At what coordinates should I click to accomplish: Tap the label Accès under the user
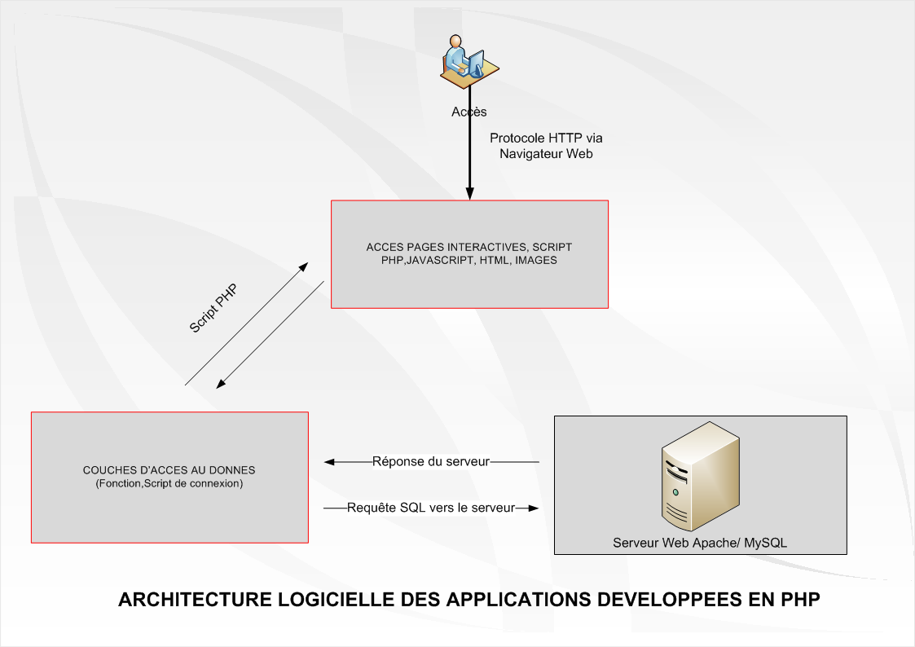click(x=468, y=112)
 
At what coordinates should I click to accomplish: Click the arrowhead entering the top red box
click(x=469, y=194)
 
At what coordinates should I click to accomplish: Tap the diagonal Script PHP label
click(x=213, y=308)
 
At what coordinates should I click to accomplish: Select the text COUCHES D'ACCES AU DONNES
click(x=169, y=470)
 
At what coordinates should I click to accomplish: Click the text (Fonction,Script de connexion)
click(x=169, y=483)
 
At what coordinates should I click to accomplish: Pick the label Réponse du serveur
click(x=431, y=462)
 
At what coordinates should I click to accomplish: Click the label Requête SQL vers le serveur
click(x=431, y=508)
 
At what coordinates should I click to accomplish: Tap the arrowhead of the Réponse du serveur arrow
click(x=329, y=462)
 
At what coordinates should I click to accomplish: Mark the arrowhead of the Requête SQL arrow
click(x=534, y=508)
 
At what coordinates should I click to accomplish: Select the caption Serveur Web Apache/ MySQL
click(x=700, y=543)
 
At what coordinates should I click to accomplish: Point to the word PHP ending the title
click(x=799, y=601)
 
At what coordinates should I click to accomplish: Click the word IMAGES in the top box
click(x=536, y=261)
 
